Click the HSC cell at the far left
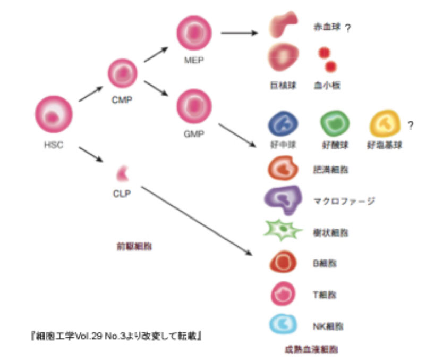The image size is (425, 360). [53, 115]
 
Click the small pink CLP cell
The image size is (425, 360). [123, 172]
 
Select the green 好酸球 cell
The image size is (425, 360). [335, 125]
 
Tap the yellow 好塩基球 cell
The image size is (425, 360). [385, 125]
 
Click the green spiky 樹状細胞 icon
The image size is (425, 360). [283, 231]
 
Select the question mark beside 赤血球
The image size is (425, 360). [347, 29]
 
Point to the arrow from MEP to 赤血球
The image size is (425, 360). [239, 33]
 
